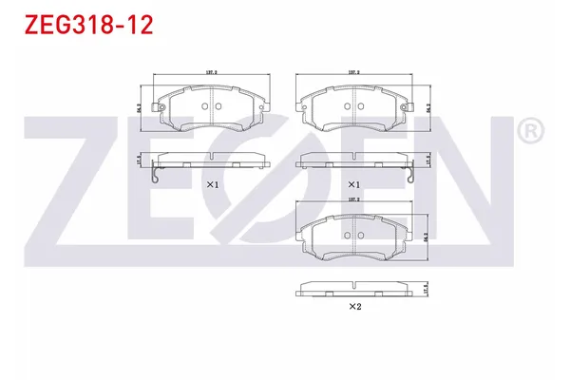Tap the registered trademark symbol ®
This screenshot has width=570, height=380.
(x=529, y=131)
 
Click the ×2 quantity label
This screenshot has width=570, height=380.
(x=354, y=306)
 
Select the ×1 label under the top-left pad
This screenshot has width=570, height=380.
(x=212, y=184)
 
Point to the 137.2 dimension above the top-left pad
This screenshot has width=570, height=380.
(x=212, y=71)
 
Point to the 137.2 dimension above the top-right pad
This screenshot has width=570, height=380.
(x=353, y=71)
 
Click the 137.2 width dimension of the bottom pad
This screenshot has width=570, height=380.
(x=353, y=201)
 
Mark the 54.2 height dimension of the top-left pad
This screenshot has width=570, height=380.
(x=140, y=107)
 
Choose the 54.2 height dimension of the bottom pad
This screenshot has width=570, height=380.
(x=427, y=237)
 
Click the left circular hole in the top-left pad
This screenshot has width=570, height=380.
(x=206, y=106)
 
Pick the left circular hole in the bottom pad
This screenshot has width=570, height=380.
(x=347, y=237)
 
